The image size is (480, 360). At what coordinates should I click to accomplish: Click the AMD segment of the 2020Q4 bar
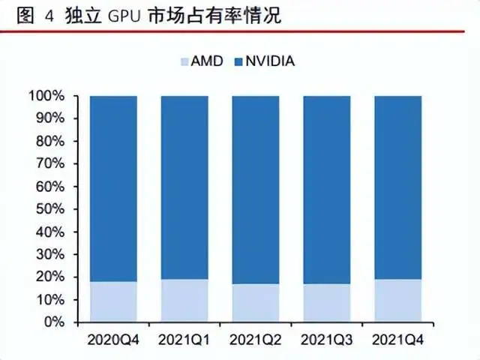[112, 301]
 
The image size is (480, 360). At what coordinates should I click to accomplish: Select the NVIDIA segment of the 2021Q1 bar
[184, 187]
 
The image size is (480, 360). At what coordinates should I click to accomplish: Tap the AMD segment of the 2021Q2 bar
[255, 303]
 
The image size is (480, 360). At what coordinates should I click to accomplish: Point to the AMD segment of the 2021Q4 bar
[397, 301]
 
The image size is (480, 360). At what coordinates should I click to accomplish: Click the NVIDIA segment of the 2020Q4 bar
[112, 187]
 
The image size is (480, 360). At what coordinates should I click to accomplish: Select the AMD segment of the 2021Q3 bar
[326, 303]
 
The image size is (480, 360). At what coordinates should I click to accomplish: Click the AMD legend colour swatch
[184, 61]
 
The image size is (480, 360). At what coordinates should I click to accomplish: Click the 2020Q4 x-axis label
[112, 340]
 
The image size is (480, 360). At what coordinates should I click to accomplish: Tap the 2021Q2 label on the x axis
[255, 340]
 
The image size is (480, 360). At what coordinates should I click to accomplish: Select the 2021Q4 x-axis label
[397, 340]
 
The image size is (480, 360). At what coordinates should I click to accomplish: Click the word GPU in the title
[124, 16]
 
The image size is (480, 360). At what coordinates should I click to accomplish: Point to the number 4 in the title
[49, 16]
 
